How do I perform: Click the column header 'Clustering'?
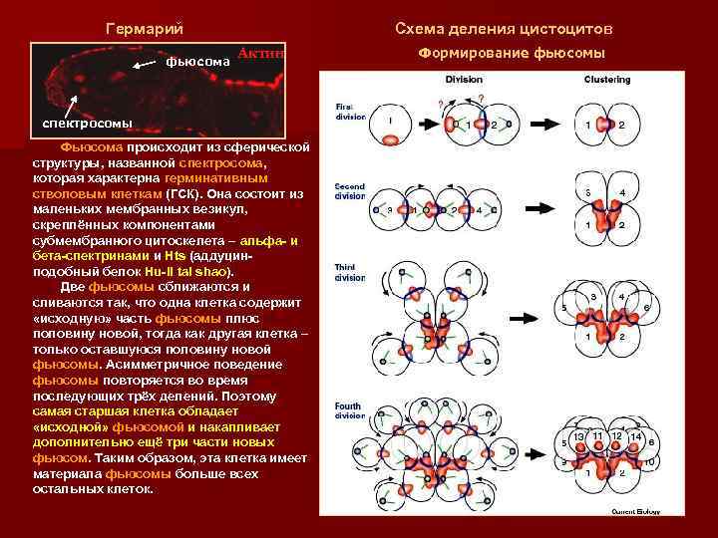click(x=606, y=80)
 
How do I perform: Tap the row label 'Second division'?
click(x=350, y=191)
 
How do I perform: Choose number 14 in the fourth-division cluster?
click(x=635, y=436)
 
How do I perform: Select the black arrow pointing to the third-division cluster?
click(x=541, y=314)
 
